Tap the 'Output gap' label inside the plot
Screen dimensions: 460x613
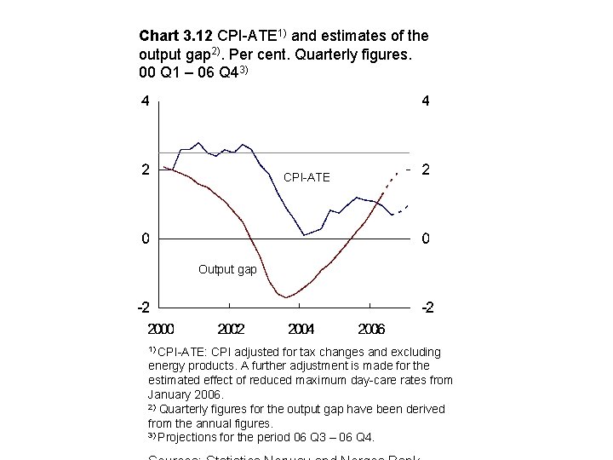227,269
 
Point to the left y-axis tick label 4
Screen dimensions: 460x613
146,101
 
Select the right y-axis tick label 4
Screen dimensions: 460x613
426,101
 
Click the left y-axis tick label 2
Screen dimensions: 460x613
146,170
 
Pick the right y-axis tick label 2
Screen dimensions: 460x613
426,170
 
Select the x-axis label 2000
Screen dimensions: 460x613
162,328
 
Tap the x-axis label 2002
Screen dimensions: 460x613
232,328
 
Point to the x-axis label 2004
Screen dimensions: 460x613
301,328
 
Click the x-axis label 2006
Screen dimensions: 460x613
371,328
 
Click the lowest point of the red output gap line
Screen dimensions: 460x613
287,297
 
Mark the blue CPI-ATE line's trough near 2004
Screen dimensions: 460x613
304,235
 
